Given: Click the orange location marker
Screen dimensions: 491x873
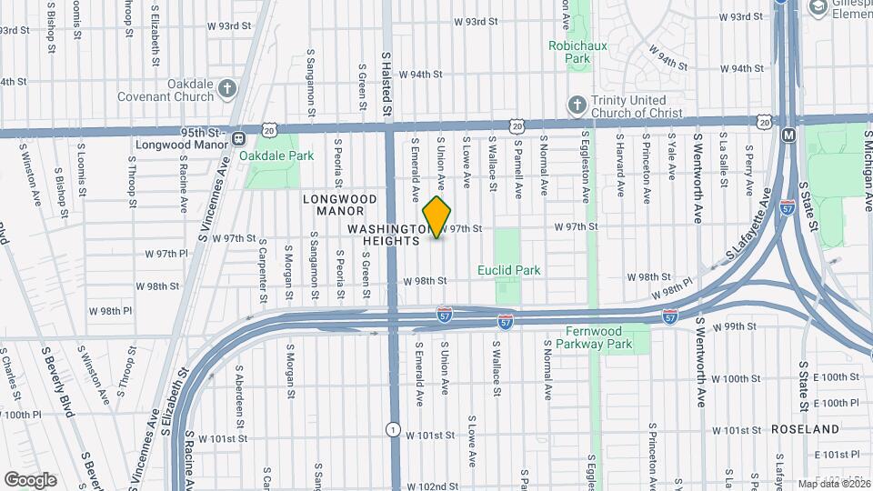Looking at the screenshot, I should click(437, 217).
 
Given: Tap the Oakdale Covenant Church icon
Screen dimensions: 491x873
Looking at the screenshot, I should click(227, 88).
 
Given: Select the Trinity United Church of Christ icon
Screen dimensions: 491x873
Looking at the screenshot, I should click(576, 105).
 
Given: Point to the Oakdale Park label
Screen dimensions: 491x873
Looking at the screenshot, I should click(276, 155).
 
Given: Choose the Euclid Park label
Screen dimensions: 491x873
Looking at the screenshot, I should click(509, 270).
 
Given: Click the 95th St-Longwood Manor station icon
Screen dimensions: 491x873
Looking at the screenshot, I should click(237, 138).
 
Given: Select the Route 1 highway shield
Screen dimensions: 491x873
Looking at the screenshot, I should click(392, 428).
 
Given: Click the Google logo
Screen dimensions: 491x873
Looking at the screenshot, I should click(30, 479).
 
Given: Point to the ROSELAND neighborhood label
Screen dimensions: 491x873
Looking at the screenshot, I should click(804, 428).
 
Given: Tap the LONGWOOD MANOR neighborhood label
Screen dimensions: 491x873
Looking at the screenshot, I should click(339, 205).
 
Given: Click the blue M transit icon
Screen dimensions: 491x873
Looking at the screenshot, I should click(788, 135).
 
